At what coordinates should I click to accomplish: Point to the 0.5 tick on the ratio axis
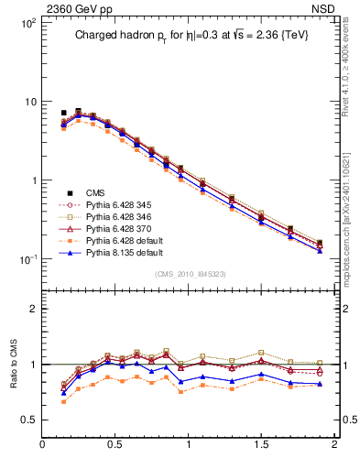pos(27,420)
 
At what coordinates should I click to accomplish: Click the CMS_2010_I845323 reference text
pos(189,274)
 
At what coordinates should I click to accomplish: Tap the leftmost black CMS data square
pos(63,113)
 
